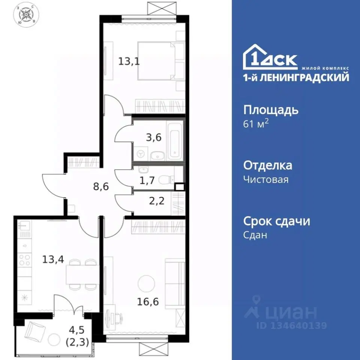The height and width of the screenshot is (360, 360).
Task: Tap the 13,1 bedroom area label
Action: click(x=129, y=61)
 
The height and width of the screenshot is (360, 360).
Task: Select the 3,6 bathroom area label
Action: click(x=154, y=137)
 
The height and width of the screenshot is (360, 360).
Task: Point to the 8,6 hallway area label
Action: click(x=100, y=186)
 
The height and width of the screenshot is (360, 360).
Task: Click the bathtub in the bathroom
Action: click(x=175, y=140)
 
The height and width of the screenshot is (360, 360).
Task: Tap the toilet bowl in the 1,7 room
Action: click(x=165, y=181)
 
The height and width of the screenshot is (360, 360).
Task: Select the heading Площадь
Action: click(x=271, y=110)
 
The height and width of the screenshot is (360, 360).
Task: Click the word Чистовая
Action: click(x=266, y=179)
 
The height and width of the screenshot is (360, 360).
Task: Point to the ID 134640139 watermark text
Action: click(x=292, y=325)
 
